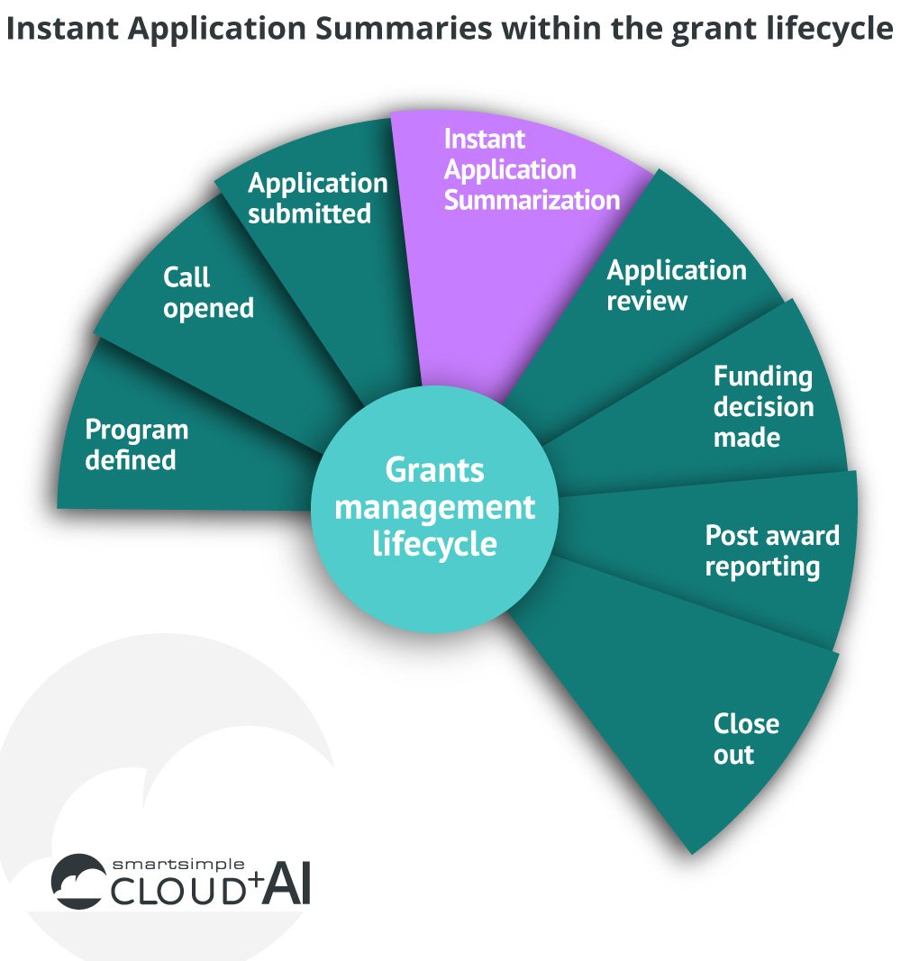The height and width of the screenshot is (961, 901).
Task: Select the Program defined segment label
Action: (x=136, y=445)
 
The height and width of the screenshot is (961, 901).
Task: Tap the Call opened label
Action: (x=208, y=293)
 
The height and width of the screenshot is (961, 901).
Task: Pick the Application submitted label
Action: (x=317, y=198)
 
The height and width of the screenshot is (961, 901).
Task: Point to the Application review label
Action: (x=676, y=286)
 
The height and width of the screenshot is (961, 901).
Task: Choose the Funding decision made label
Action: (x=763, y=407)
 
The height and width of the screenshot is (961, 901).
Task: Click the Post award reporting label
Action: (x=771, y=551)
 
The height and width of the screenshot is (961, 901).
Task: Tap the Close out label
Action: (x=745, y=739)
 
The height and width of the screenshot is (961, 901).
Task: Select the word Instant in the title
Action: (x=63, y=30)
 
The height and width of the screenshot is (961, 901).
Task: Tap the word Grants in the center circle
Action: (x=434, y=470)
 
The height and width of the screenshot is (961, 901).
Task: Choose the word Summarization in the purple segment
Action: (x=532, y=200)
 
